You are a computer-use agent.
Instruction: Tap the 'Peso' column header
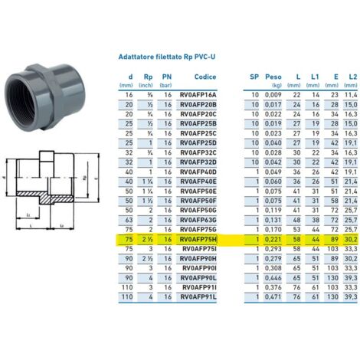[x=273, y=77]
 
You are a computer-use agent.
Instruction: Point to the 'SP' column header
[x=254, y=77]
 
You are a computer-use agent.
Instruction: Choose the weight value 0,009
[x=273, y=92]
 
